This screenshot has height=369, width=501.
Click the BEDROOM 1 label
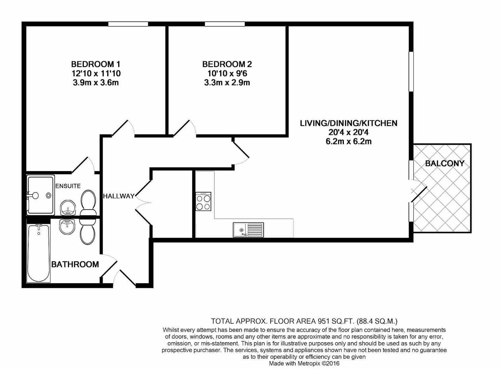(x=95, y=64)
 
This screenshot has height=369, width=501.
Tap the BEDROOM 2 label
(x=227, y=64)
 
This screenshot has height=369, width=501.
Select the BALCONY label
(x=445, y=163)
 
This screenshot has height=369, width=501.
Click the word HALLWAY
(x=119, y=196)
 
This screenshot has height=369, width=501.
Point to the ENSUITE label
(x=68, y=186)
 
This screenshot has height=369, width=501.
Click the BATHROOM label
(x=75, y=264)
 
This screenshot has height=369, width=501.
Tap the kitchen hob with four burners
(x=203, y=202)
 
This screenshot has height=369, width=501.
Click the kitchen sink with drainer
(x=248, y=230)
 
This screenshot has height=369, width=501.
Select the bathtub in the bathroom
(x=39, y=253)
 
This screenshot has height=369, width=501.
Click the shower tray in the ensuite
(x=41, y=195)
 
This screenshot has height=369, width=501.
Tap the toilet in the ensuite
(x=88, y=203)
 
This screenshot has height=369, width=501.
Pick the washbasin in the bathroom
(x=67, y=227)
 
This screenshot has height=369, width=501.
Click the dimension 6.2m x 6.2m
(x=348, y=141)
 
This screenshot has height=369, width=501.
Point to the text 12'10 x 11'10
(x=96, y=73)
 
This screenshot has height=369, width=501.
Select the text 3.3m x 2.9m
(x=227, y=83)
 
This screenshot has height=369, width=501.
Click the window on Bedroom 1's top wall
(x=128, y=24)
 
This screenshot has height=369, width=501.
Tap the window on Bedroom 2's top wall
(x=225, y=24)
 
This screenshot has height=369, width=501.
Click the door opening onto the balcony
(x=419, y=193)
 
